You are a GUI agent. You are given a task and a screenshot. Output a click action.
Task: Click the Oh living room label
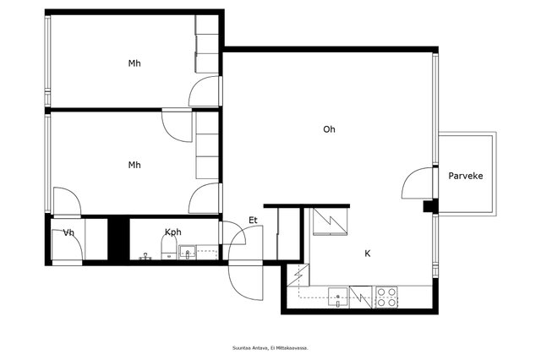pyautogui.click(x=329, y=129)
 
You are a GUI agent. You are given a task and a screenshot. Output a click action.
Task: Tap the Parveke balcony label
pyautogui.click(x=466, y=176)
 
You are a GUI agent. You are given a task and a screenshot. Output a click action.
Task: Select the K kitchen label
pyautogui.click(x=368, y=254)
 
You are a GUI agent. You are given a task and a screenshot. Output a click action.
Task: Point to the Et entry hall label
pyautogui.click(x=253, y=221)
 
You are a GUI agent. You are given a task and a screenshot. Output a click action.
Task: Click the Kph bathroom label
pyautogui.click(x=172, y=232)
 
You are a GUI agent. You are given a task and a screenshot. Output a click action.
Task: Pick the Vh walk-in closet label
pyautogui.click(x=68, y=232)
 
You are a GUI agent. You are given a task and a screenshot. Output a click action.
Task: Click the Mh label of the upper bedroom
pyautogui.click(x=134, y=63)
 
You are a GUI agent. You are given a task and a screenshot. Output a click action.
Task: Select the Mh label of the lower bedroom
pyautogui.click(x=134, y=165)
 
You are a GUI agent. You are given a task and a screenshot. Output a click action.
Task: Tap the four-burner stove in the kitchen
pyautogui.click(x=386, y=297)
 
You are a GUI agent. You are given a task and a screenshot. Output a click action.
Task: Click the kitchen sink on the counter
pyautogui.click(x=338, y=297)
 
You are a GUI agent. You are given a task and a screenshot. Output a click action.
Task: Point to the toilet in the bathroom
pyautogui.click(x=169, y=248)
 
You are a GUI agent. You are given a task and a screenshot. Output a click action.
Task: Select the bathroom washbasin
pyautogui.click(x=187, y=253)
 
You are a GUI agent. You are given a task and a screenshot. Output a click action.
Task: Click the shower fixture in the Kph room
pyautogui.click(x=145, y=256)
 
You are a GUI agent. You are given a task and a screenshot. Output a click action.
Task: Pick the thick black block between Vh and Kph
pyautogui.click(x=118, y=239)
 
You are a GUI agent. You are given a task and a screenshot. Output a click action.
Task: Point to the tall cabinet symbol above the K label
pyautogui.click(x=331, y=221)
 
